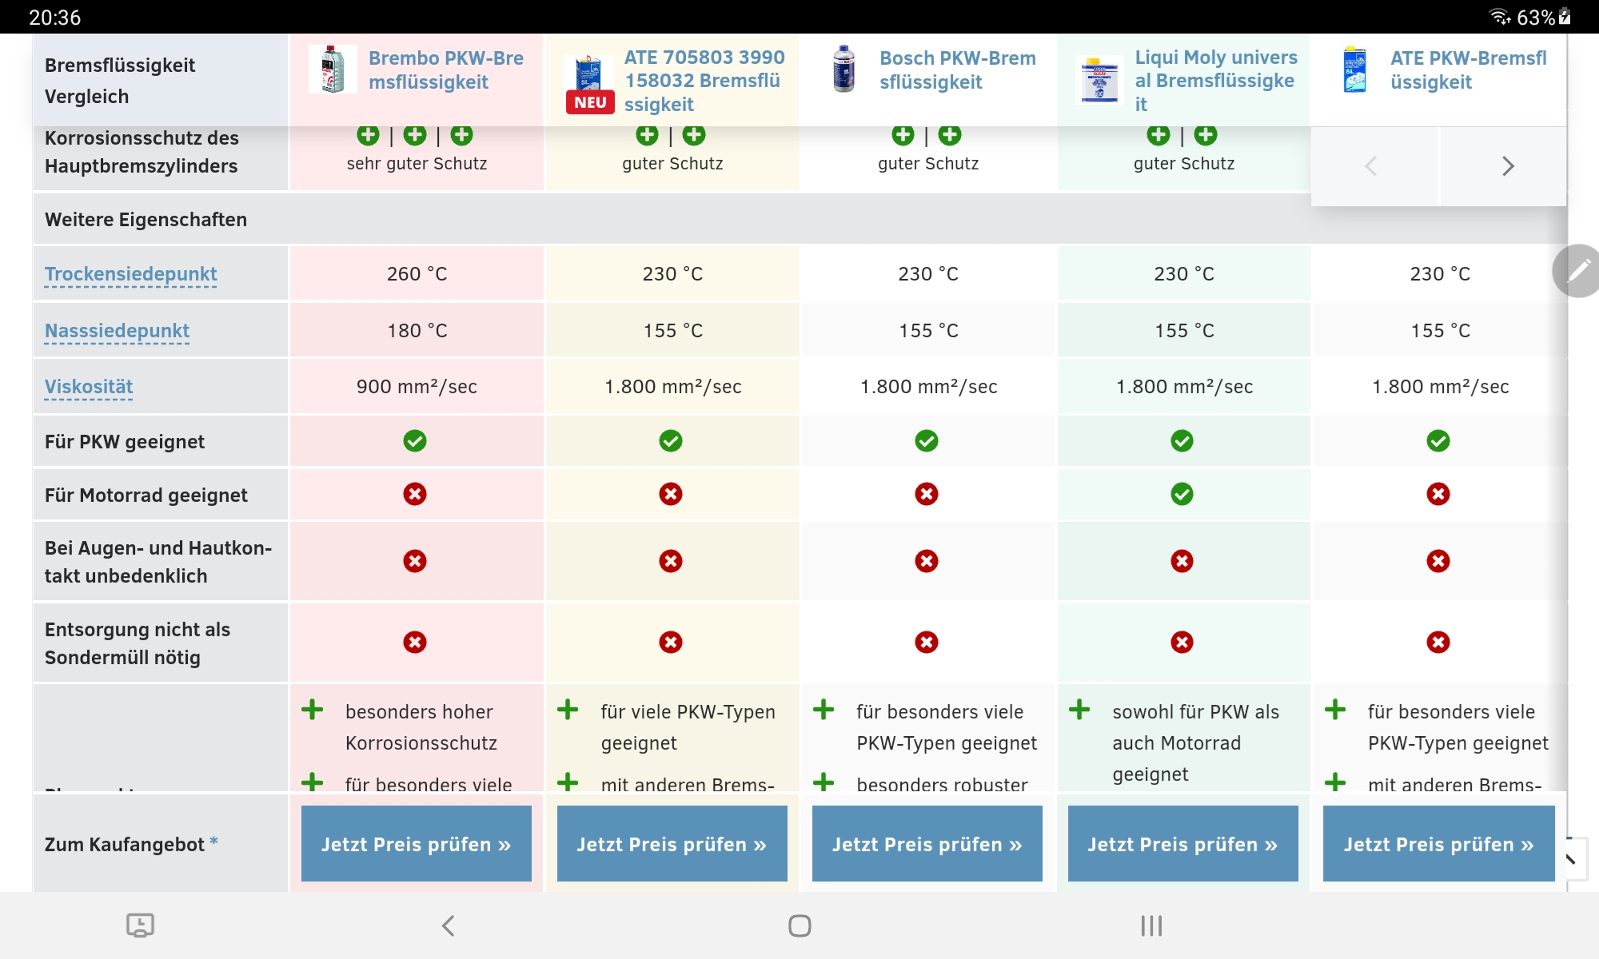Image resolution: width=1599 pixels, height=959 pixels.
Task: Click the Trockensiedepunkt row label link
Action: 130,274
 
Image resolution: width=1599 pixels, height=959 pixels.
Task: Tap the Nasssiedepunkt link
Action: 117,331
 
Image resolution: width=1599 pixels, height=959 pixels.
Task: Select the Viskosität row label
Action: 89,387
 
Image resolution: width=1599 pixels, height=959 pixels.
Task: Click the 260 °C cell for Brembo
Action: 417,274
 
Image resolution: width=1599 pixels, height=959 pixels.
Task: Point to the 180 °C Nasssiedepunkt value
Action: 417,331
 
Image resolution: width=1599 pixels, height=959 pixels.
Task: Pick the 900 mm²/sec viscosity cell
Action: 417,387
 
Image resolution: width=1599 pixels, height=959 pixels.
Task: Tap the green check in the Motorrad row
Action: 1182,495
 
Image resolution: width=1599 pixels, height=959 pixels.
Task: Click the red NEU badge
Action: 590,102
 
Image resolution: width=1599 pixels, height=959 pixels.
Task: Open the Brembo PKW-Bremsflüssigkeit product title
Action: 445,70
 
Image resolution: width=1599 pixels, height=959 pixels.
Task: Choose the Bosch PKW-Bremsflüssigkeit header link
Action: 957,70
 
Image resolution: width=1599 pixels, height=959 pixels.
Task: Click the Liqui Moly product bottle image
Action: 1099,80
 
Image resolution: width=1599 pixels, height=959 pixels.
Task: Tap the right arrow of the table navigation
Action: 1507,166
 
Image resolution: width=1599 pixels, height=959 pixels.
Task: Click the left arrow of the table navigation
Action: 1371,166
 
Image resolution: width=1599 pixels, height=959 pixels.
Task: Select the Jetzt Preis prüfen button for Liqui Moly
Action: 1182,844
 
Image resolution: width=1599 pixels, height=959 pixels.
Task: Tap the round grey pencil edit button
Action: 1577,271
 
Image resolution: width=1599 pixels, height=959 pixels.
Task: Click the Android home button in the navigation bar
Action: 799,926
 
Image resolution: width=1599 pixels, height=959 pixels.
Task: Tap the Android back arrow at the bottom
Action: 449,926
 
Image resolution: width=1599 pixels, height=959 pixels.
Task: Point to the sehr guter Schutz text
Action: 417,164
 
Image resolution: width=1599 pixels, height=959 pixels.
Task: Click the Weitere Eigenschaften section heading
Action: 146,220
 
